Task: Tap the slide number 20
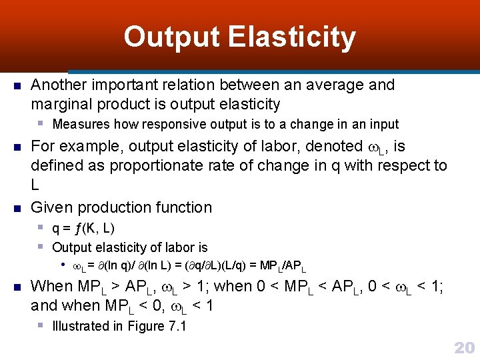[463, 347]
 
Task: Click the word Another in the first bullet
[59, 85]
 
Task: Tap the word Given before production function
[53, 208]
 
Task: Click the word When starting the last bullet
[52, 287]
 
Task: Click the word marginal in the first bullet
[61, 105]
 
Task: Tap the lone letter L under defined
[35, 185]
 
